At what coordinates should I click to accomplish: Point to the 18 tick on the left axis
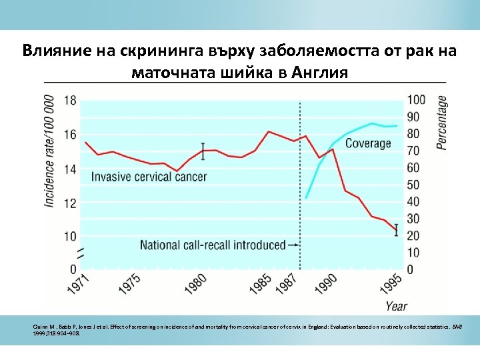(x=70, y=100)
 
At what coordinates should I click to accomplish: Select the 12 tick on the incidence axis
(x=70, y=202)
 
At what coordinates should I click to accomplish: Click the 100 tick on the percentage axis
(x=416, y=100)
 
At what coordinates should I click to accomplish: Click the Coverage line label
(x=368, y=143)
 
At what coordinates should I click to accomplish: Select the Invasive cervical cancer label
(x=149, y=177)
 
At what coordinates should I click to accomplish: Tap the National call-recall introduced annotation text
(x=212, y=245)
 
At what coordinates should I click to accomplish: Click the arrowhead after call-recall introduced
(x=294, y=245)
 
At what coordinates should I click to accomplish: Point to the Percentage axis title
(x=441, y=122)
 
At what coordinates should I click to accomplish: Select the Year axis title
(x=395, y=306)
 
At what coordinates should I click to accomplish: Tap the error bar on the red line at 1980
(x=203, y=151)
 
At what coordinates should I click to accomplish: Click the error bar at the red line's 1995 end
(x=396, y=229)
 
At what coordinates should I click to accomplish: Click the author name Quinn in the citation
(x=40, y=326)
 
